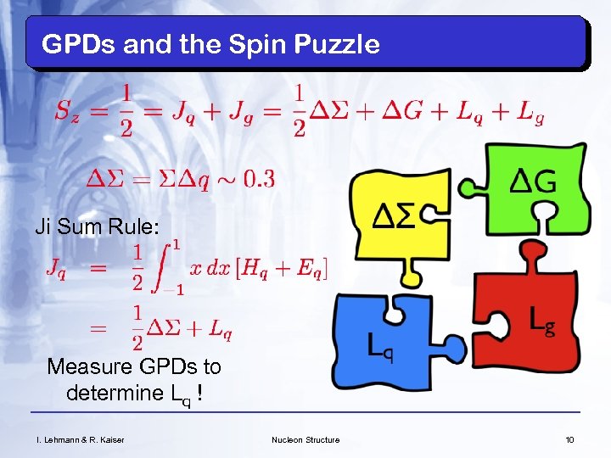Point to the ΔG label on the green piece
tap(532, 181)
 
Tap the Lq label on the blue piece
tap(380, 346)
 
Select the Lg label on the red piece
tap(542, 320)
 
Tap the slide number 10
tap(569, 439)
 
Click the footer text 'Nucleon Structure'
tap(305, 439)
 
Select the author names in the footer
tap(74, 439)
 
